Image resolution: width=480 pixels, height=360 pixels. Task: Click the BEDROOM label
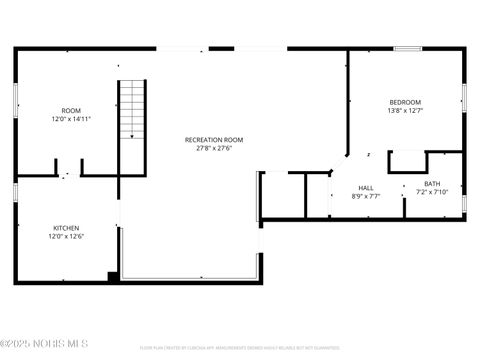tap(405, 102)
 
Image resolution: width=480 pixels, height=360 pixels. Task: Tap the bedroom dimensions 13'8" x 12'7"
tap(405, 111)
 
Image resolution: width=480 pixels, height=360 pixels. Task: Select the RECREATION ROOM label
tap(214, 140)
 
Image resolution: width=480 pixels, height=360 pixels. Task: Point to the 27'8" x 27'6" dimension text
tap(214, 148)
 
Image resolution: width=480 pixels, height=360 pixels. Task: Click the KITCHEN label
tap(66, 228)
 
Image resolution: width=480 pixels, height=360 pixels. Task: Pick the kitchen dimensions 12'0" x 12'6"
tap(66, 236)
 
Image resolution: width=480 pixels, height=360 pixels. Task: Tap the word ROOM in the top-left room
tap(71, 110)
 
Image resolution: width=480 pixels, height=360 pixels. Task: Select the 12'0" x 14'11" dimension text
tap(71, 118)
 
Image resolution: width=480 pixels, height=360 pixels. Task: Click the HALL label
tap(366, 188)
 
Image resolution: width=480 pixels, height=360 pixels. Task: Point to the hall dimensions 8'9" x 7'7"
tap(366, 196)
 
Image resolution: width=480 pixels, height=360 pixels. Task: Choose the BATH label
tap(432, 183)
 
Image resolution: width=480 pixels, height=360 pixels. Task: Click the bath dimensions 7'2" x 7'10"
tap(432, 191)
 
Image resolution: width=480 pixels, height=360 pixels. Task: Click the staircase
tap(132, 110)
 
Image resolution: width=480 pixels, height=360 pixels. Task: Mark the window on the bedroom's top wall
tap(406, 48)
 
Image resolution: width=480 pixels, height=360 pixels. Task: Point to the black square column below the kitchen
tap(113, 277)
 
